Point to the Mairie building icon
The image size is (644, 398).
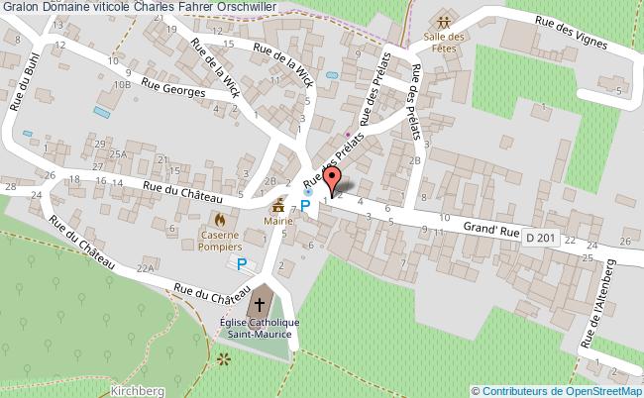(x=280, y=207)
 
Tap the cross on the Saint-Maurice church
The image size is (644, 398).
(x=262, y=304)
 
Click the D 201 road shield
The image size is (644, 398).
(x=542, y=238)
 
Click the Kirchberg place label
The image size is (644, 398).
(x=138, y=391)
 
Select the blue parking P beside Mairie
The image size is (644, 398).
(x=305, y=205)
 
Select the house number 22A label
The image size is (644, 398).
(x=146, y=268)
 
